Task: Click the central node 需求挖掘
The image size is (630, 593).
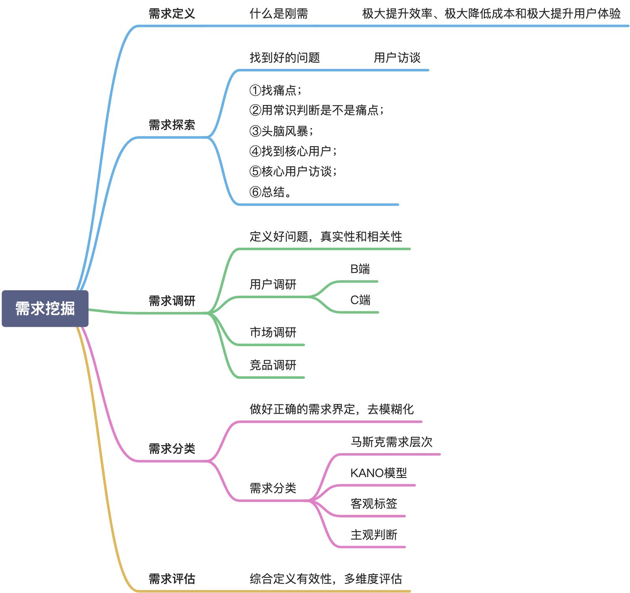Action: [45, 308]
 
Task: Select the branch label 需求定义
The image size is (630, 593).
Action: [172, 14]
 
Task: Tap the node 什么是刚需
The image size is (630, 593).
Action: [279, 14]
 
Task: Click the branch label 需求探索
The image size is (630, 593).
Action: [172, 125]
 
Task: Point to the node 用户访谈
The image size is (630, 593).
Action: [397, 58]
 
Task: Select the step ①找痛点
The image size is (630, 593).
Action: [275, 90]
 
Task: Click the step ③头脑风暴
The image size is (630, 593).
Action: [281, 131]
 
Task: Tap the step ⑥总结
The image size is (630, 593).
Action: [271, 192]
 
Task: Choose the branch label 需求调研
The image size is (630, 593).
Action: [172, 301]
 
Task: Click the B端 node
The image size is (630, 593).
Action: [360, 269]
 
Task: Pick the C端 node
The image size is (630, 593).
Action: [360, 300]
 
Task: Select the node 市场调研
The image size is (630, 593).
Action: [273, 332]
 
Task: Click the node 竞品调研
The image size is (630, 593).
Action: [273, 365]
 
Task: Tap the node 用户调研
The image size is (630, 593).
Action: [273, 284]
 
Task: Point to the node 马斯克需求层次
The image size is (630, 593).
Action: [391, 442]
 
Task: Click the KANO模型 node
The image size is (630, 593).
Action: [378, 473]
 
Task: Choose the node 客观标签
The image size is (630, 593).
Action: [374, 504]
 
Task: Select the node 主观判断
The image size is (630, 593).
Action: [374, 535]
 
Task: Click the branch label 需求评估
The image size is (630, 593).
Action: [172, 579]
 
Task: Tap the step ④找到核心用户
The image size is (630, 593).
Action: [293, 151]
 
